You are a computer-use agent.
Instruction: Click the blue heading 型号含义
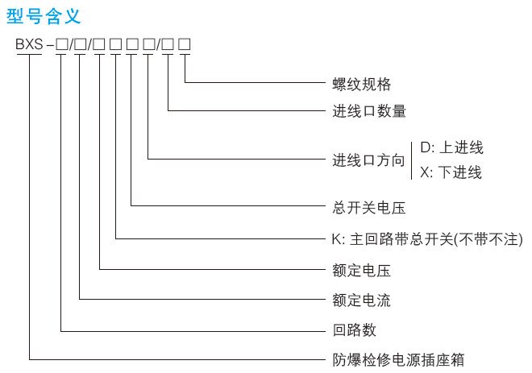(x=44, y=16)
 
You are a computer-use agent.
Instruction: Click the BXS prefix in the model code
(x=30, y=44)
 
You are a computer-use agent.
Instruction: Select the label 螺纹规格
(x=362, y=84)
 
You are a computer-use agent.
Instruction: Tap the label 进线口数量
(x=369, y=111)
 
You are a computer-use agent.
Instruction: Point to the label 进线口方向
(x=368, y=160)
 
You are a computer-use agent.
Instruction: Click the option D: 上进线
(x=451, y=147)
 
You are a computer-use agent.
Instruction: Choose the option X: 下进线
(x=451, y=172)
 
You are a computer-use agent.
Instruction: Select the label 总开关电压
(x=369, y=208)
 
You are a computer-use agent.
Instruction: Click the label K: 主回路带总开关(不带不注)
(x=427, y=239)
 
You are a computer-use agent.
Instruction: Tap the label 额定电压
(x=362, y=271)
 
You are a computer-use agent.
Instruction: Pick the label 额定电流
(x=362, y=300)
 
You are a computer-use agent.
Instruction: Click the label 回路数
(x=355, y=330)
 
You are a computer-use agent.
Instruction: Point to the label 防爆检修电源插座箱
(x=398, y=360)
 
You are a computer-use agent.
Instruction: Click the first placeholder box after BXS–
(x=62, y=44)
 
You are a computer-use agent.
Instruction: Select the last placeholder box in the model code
(x=185, y=44)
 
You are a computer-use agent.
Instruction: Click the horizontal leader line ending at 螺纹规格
(x=256, y=82)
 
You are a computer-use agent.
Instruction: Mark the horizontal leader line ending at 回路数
(x=193, y=331)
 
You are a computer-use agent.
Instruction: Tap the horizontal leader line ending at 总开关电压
(x=228, y=205)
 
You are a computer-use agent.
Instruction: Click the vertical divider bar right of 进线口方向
(x=412, y=161)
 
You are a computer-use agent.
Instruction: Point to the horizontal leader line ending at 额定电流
(x=202, y=299)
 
